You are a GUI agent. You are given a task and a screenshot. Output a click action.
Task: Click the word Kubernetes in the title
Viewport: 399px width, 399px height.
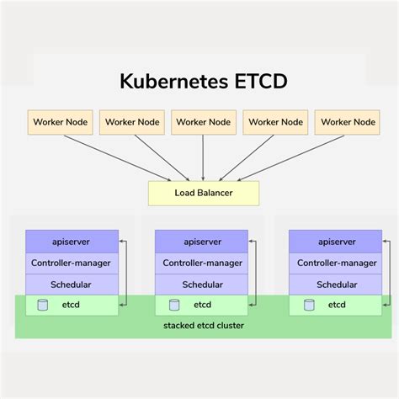tap(173, 82)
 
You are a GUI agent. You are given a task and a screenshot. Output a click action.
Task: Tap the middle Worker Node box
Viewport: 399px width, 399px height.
tap(203, 122)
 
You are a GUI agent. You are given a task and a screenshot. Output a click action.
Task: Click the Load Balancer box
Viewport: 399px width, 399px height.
tap(203, 193)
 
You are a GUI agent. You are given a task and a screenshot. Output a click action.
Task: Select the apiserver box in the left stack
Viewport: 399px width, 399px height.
tap(71, 242)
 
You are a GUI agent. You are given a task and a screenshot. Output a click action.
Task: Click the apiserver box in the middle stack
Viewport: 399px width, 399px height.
tap(202, 242)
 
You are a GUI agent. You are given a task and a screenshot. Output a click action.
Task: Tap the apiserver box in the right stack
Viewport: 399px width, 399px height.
tap(335, 242)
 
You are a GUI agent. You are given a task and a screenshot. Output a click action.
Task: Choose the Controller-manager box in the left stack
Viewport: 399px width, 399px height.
tap(71, 263)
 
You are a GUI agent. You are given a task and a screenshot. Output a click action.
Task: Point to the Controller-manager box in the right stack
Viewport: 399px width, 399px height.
tap(335, 263)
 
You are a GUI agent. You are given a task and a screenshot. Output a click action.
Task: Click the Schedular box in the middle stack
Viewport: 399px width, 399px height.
tap(202, 285)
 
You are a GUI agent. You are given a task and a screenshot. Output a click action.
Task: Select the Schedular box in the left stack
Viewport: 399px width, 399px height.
tap(71, 285)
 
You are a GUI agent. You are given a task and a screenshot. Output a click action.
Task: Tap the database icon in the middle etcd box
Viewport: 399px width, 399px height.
tap(174, 305)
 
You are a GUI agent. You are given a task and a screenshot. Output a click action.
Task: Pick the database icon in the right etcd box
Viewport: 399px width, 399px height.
tap(309, 305)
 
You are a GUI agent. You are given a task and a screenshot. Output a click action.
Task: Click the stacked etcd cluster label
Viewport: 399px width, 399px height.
tap(204, 325)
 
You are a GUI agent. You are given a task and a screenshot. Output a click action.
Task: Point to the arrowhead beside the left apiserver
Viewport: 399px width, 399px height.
tap(121, 242)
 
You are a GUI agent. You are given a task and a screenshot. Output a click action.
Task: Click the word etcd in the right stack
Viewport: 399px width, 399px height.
tap(337, 305)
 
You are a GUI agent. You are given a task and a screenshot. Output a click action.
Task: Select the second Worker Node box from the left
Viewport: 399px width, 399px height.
tap(131, 122)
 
